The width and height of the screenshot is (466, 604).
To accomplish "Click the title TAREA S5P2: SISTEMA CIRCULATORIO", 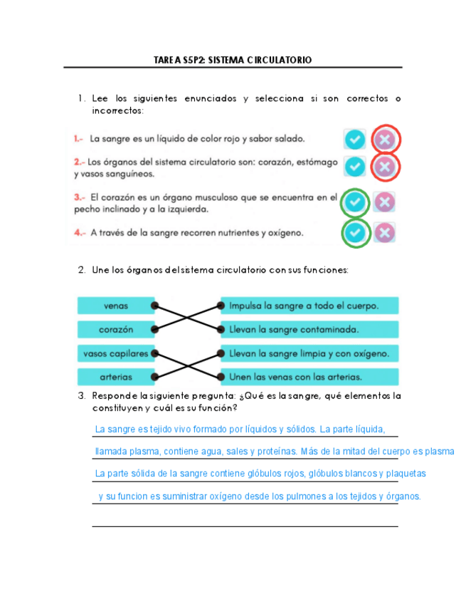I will pos(233,61).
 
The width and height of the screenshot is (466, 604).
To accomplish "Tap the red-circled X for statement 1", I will pos(385,139).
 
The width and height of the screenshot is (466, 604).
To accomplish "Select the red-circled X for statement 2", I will pos(385,167).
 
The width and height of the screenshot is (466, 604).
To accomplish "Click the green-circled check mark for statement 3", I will pos(356,203).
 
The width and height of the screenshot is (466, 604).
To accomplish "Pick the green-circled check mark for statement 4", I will pos(356,232).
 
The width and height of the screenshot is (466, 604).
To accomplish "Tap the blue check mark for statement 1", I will pos(354,139).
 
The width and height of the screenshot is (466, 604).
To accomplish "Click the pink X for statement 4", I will pos(385,232).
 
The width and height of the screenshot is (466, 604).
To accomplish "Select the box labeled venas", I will pos(115,306).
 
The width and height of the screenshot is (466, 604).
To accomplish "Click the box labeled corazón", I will pos(115,330).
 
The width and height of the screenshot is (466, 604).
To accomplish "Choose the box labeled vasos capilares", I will pos(115,353).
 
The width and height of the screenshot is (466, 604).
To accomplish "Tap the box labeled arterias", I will pos(115,376).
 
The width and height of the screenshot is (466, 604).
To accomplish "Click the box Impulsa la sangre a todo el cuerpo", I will pos(309,306).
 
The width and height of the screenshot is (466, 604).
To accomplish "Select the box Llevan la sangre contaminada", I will pos(309,330).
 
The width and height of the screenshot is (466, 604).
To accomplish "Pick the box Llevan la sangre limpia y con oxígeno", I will pos(309,353).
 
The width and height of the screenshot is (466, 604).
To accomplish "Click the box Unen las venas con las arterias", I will pos(309,376).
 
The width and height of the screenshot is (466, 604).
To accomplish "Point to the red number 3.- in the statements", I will pos(80,197).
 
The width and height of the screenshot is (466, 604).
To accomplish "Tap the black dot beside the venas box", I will pos(154,306).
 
